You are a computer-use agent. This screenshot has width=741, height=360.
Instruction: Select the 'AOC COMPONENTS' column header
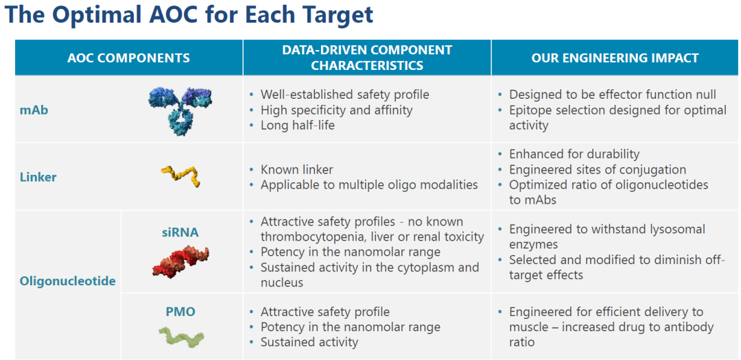pos(128,58)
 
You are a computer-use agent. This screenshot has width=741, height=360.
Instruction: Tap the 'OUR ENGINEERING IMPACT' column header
pos(615,58)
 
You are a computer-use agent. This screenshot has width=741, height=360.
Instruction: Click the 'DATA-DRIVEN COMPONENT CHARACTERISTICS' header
pos(366,58)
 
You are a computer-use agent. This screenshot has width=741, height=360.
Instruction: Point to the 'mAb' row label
pos(34,110)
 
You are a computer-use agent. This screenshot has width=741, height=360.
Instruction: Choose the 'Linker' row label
pos(38,177)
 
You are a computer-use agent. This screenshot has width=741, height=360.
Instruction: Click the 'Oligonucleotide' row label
pos(67,282)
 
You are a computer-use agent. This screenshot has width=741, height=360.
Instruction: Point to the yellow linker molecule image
pos(180,176)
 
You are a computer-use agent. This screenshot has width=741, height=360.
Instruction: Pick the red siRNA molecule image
pos(180,261)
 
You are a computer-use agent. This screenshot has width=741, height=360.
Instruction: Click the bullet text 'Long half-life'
pos(297,125)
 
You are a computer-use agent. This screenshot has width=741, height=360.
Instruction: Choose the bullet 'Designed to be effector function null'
pos(613,95)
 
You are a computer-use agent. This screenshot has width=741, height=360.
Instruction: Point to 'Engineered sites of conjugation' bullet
pos(598,169)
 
